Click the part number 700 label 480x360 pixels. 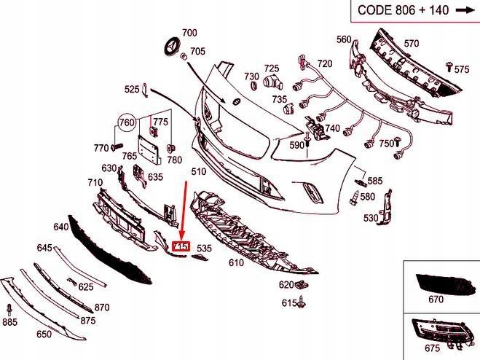(189, 33)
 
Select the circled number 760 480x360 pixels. (127, 122)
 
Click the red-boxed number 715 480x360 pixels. (181, 247)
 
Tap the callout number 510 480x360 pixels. (198, 172)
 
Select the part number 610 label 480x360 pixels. (236, 262)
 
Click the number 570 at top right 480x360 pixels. (412, 44)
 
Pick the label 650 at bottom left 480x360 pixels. (44, 334)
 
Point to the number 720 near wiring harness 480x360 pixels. (324, 64)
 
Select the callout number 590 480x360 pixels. (296, 145)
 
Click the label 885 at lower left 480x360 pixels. (9, 321)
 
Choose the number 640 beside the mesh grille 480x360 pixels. (60, 227)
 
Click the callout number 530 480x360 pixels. (371, 217)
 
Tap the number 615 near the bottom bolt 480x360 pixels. (289, 302)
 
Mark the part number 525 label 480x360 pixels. (131, 90)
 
